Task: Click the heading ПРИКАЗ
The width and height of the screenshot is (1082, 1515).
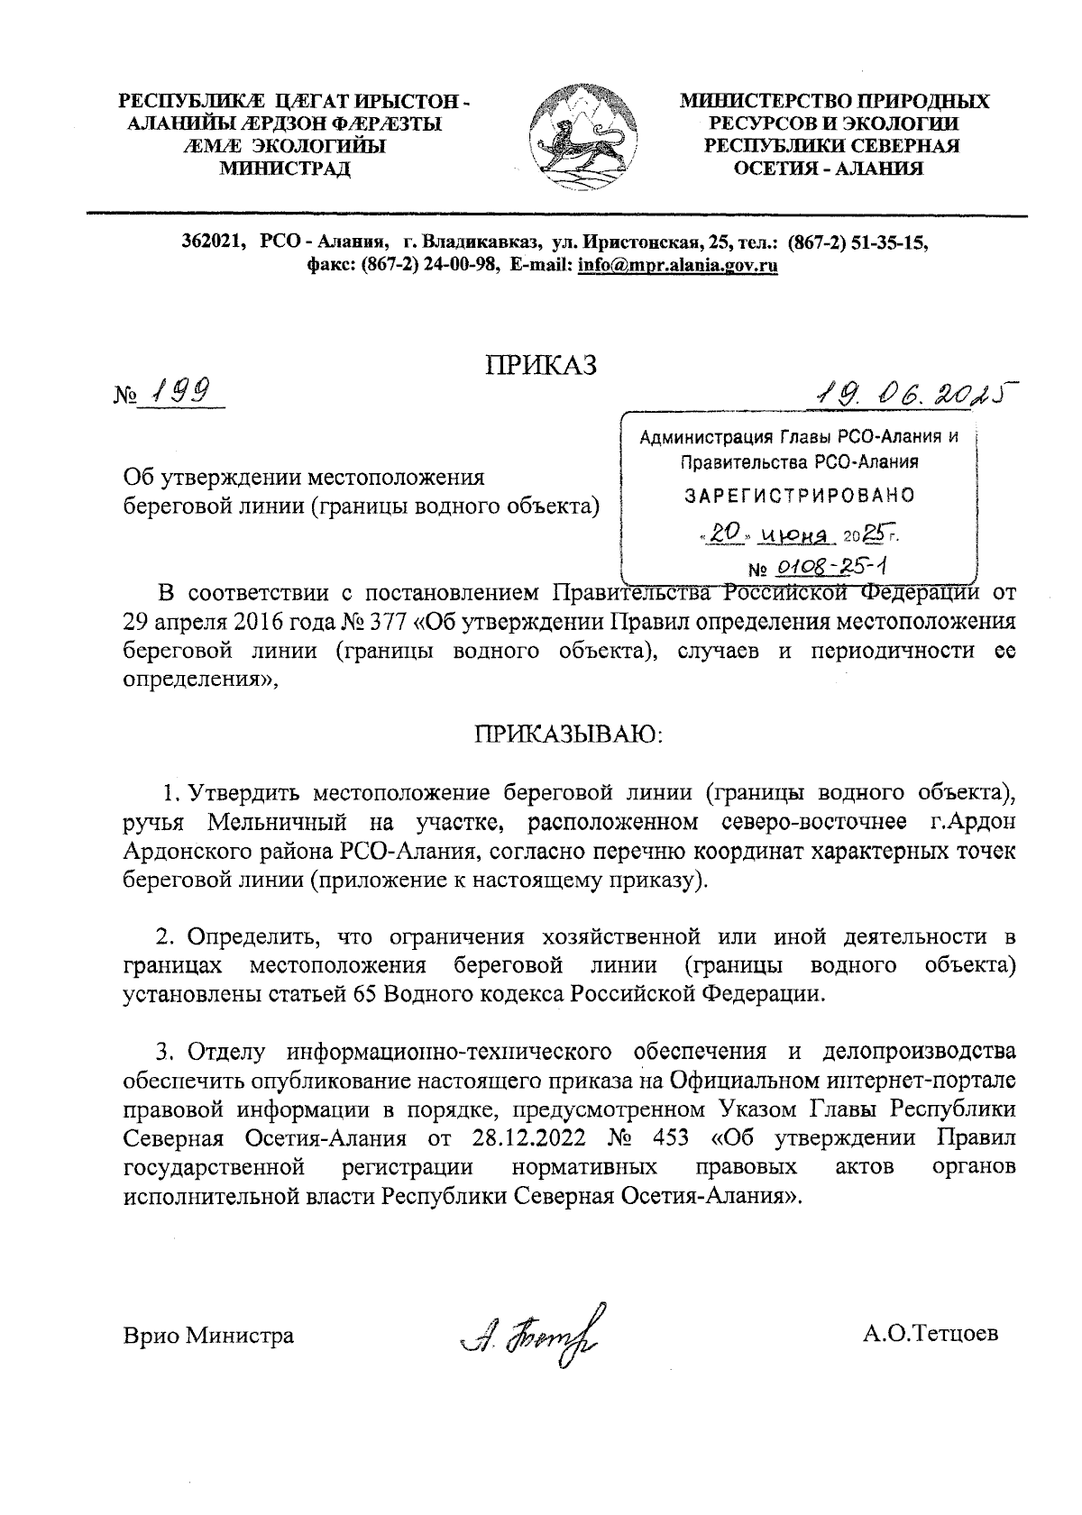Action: (541, 365)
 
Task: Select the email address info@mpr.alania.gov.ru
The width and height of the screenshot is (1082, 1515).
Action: (677, 265)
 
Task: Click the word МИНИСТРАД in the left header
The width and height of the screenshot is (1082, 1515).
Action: (286, 168)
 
